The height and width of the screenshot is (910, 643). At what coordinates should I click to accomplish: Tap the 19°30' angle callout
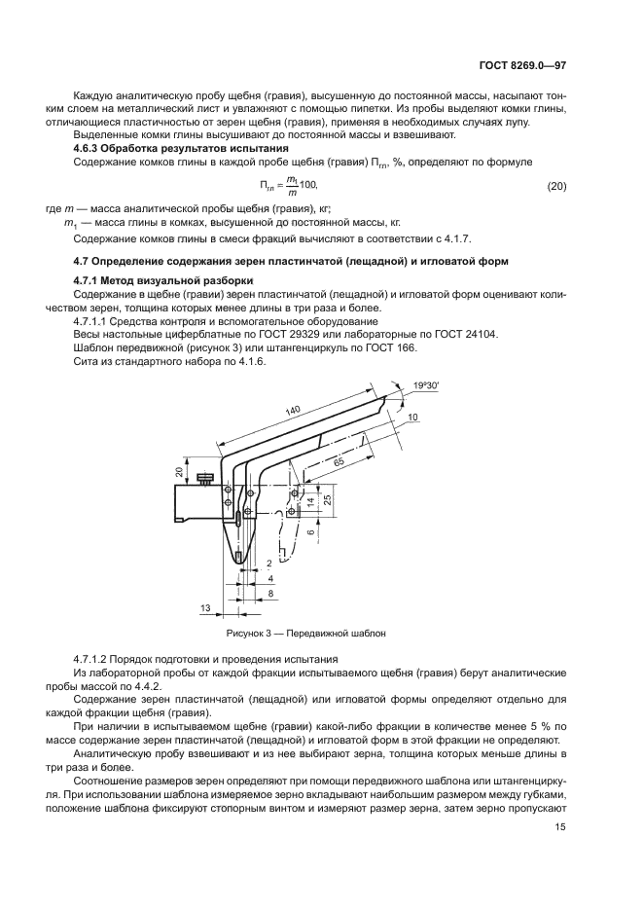click(424, 386)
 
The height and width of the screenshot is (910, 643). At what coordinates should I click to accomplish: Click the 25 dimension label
click(328, 500)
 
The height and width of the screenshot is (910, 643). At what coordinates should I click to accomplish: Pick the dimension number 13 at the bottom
click(204, 608)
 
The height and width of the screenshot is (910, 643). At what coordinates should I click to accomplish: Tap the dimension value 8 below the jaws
click(271, 592)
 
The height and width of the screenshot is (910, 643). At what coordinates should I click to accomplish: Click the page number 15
click(560, 827)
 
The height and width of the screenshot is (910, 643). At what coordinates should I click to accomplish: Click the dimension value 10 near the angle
click(412, 417)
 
